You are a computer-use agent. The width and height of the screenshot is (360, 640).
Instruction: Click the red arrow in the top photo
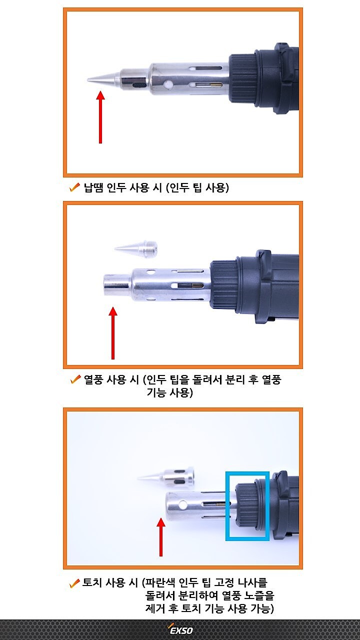[x=100, y=117]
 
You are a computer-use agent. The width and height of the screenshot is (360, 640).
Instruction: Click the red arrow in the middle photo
[x=113, y=333]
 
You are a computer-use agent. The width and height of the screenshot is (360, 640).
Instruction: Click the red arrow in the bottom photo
[x=160, y=537]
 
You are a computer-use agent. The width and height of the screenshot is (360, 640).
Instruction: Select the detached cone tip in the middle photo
[x=136, y=247]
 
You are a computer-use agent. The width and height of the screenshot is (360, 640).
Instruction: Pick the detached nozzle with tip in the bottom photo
[x=167, y=476]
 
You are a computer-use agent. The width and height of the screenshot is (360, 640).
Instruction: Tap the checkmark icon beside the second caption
[x=76, y=380]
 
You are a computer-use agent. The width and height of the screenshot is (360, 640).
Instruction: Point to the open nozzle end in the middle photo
[x=116, y=286]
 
